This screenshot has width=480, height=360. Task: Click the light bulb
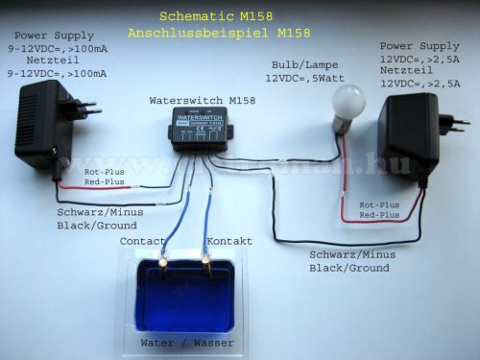coord(348,104)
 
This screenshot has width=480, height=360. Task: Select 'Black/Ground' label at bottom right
coord(349,268)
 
